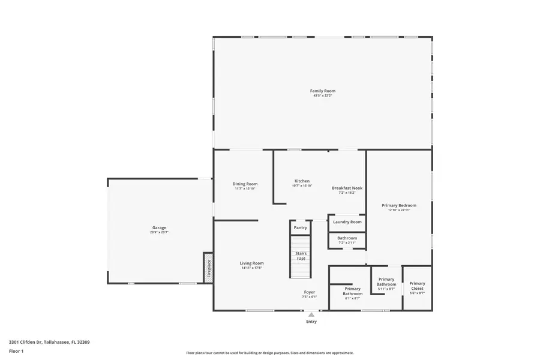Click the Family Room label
click(x=322, y=91)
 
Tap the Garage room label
click(x=159, y=227)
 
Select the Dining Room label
click(x=245, y=184)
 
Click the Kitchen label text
click(x=302, y=181)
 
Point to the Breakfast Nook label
click(x=347, y=188)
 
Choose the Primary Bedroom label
click(x=398, y=205)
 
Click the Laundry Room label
click(x=347, y=222)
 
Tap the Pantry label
click(x=301, y=227)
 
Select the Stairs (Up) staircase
click(x=301, y=257)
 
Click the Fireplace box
click(x=208, y=267)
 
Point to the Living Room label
click(x=252, y=263)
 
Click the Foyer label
click(x=309, y=292)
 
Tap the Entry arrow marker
click(x=311, y=314)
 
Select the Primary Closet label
click(x=417, y=286)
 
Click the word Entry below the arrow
click(x=311, y=322)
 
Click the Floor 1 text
click(x=16, y=350)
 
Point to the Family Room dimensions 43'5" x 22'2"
click(x=322, y=95)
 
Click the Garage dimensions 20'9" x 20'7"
click(x=159, y=232)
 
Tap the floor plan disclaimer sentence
click(x=269, y=353)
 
